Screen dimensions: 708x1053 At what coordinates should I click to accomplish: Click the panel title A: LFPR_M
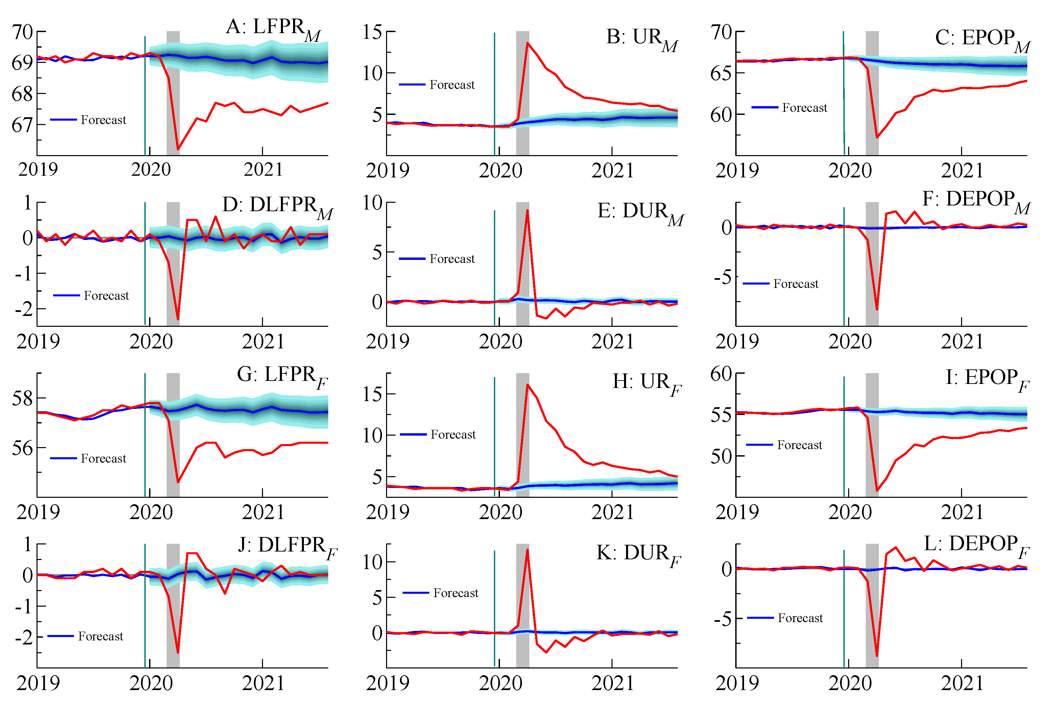tap(273, 28)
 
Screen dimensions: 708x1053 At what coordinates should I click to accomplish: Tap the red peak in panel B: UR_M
tap(527, 43)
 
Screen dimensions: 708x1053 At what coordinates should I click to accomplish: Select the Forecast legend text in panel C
tap(804, 107)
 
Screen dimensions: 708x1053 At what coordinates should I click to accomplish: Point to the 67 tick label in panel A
tap(22, 125)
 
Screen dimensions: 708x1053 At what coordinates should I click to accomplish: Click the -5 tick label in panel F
tap(722, 277)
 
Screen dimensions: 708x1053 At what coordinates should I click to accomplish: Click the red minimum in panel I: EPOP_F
tap(877, 491)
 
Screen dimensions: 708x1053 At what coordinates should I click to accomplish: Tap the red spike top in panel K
tap(527, 550)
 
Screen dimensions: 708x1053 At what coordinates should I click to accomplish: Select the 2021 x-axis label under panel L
tap(962, 683)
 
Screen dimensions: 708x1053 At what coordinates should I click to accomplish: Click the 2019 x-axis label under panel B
tap(387, 170)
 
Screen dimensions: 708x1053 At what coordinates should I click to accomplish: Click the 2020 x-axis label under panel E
tap(500, 341)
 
